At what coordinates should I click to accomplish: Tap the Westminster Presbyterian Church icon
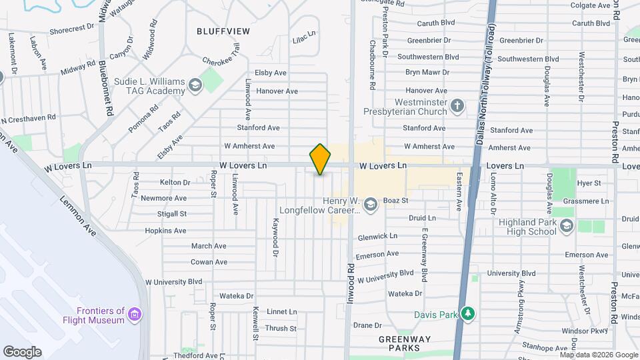tap(457, 106)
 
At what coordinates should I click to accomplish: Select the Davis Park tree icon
tap(469, 313)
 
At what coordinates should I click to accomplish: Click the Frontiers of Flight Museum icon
tap(135, 313)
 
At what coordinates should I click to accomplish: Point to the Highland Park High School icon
tap(566, 227)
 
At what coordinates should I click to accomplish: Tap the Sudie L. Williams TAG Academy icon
tap(195, 85)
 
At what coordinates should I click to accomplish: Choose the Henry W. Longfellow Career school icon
tap(370, 204)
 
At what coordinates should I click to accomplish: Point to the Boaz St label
tap(395, 200)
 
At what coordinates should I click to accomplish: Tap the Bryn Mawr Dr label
tap(427, 72)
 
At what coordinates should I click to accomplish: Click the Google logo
tap(23, 351)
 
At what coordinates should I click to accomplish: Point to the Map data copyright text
tap(598, 355)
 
